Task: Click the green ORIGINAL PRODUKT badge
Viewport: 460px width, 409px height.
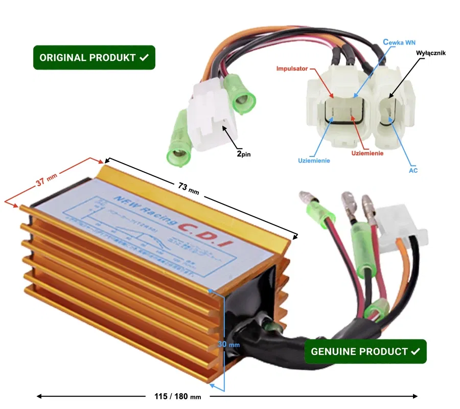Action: (x=94, y=58)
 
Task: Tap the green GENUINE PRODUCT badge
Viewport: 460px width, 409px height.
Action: (x=365, y=352)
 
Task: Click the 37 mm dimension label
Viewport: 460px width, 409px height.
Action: (x=46, y=180)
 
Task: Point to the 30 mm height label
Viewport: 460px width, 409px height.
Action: (x=228, y=344)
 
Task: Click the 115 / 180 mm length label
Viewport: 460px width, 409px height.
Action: (x=177, y=396)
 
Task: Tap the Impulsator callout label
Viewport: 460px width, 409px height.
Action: (x=292, y=68)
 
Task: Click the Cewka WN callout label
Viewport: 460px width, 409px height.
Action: (x=399, y=43)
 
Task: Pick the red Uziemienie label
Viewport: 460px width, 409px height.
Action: (x=367, y=152)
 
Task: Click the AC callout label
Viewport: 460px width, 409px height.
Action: (x=413, y=170)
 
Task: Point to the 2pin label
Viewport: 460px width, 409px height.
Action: (x=244, y=152)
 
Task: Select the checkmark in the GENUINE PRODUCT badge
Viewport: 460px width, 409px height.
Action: (x=415, y=352)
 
